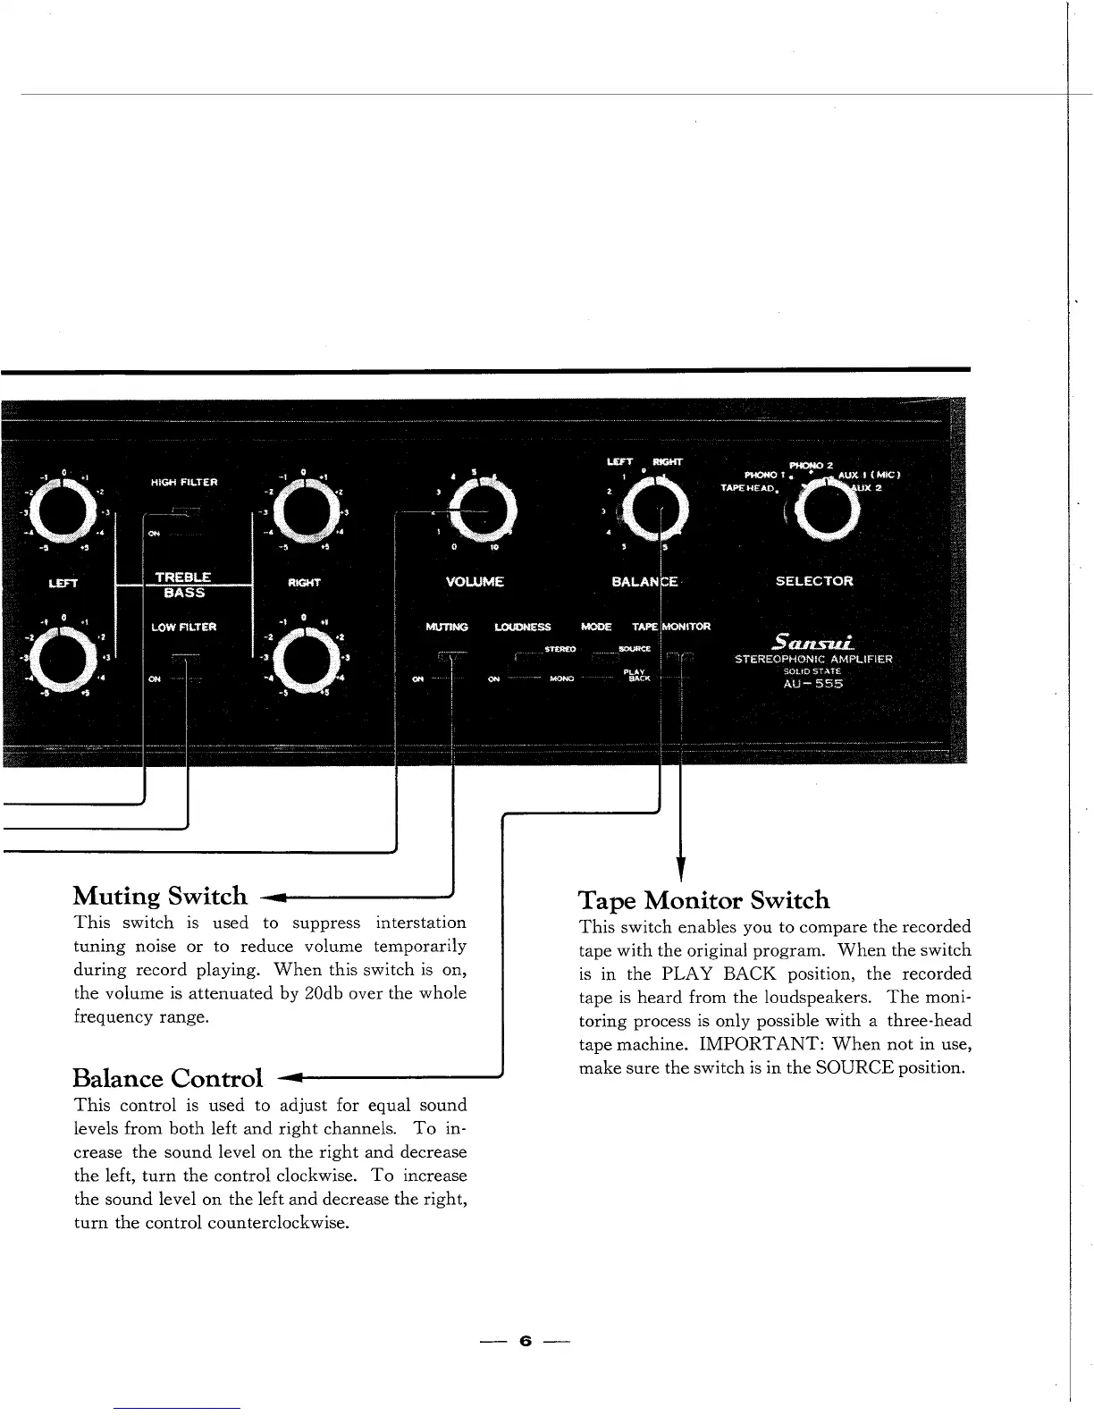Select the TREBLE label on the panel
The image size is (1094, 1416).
tap(182, 577)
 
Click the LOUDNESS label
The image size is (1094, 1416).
tap(523, 628)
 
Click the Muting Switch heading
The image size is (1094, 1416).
tap(160, 896)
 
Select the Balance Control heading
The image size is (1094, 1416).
tap(169, 1078)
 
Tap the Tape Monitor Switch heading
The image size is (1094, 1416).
tap(704, 900)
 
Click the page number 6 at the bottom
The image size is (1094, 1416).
tap(526, 1341)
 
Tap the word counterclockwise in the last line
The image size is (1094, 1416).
tap(274, 1223)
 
